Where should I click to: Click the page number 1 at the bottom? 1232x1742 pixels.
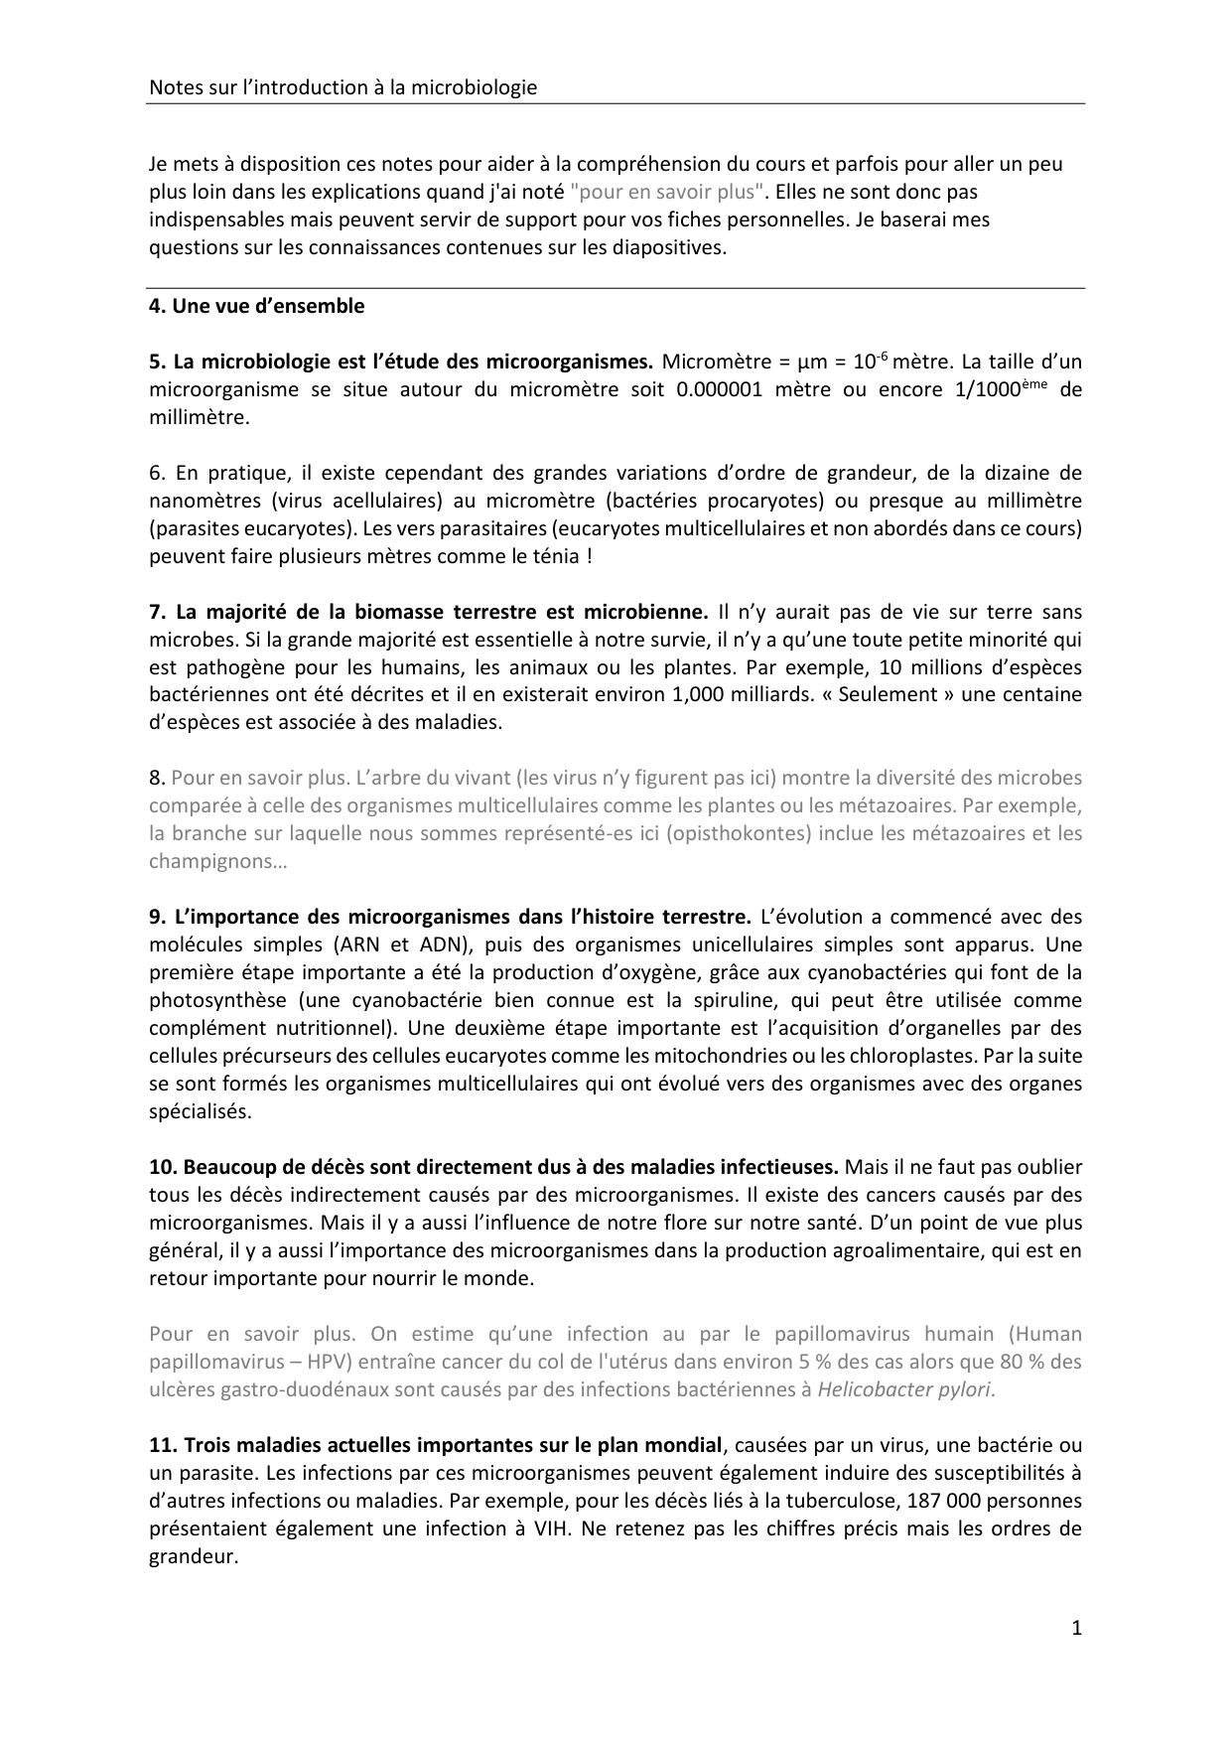tap(1076, 1627)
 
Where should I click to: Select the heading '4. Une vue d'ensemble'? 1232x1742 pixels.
tap(256, 306)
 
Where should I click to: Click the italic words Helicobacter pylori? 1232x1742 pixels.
tap(904, 1389)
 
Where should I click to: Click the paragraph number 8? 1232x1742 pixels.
tap(156, 778)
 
